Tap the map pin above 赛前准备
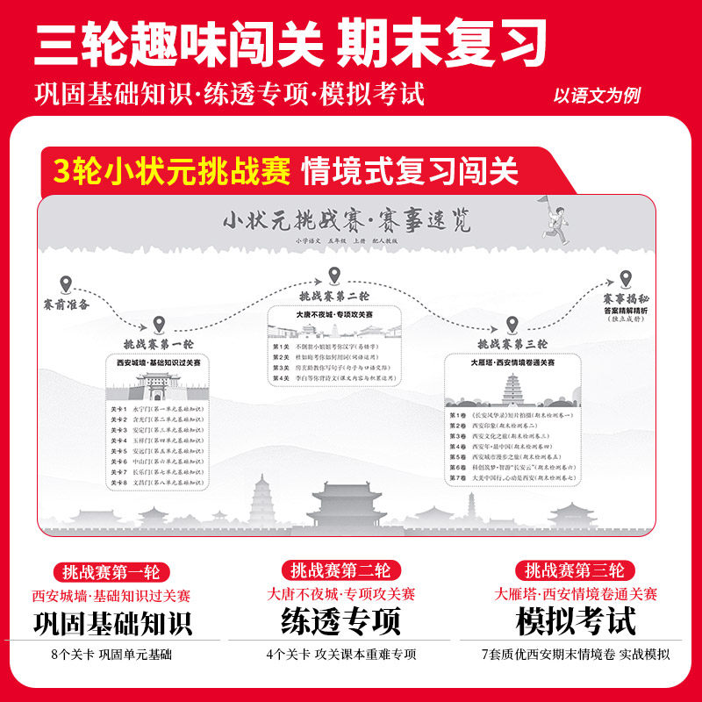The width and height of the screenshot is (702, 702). (65, 285)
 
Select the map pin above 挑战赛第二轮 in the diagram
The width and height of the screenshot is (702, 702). (334, 276)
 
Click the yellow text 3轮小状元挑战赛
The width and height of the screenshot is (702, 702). (171, 170)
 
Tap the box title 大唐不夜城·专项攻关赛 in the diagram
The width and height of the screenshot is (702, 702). (334, 312)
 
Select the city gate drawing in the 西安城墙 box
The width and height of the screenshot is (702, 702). (159, 386)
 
